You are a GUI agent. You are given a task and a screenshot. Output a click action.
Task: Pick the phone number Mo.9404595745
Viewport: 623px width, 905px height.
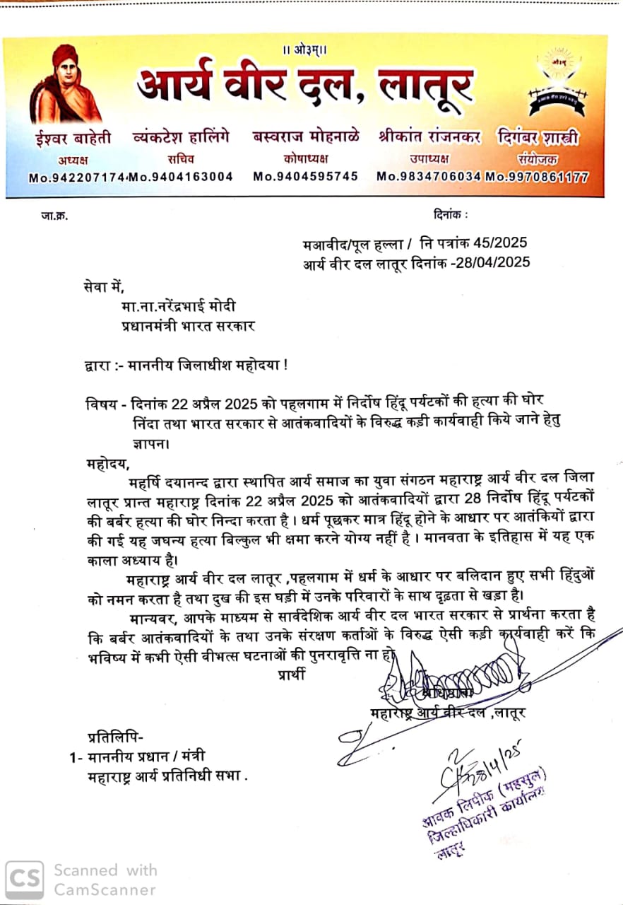(x=305, y=177)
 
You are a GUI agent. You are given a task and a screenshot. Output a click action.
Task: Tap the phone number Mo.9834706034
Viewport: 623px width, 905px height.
(x=429, y=177)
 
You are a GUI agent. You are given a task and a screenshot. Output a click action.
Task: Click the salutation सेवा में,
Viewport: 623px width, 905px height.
(x=103, y=287)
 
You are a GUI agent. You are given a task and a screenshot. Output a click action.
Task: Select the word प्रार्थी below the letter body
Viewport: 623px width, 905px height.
(x=292, y=674)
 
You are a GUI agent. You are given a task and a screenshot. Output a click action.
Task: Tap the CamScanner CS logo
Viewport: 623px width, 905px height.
(x=24, y=879)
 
